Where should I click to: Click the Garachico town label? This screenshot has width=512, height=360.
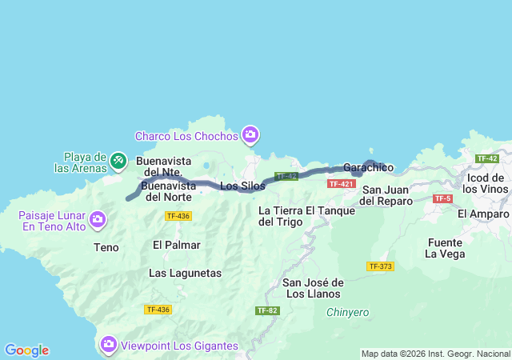pyautogui.click(x=368, y=168)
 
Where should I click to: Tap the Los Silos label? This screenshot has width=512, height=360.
pyautogui.click(x=242, y=186)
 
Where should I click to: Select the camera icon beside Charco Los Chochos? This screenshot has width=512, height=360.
pyautogui.click(x=250, y=135)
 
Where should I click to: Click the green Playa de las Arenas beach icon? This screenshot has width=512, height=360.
pyautogui.click(x=118, y=161)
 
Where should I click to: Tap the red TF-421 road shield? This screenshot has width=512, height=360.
pyautogui.click(x=341, y=184)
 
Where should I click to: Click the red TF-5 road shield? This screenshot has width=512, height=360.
pyautogui.click(x=442, y=198)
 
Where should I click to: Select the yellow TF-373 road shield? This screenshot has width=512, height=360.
pyautogui.click(x=380, y=266)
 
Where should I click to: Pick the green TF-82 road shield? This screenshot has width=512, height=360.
pyautogui.click(x=266, y=310)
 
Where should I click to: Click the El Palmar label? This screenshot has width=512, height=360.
pyautogui.click(x=176, y=245)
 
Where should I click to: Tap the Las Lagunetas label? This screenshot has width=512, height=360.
pyautogui.click(x=185, y=273)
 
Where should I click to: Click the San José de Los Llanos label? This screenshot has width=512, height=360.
pyautogui.click(x=314, y=288)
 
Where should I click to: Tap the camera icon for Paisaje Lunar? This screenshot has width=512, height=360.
pyautogui.click(x=98, y=218)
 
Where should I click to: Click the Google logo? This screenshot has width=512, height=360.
pyautogui.click(x=26, y=350)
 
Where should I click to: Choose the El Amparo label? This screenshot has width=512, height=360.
pyautogui.click(x=483, y=214)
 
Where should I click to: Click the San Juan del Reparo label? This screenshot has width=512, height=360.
pyautogui.click(x=387, y=195)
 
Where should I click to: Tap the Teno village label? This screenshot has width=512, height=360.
pyautogui.click(x=106, y=248)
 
